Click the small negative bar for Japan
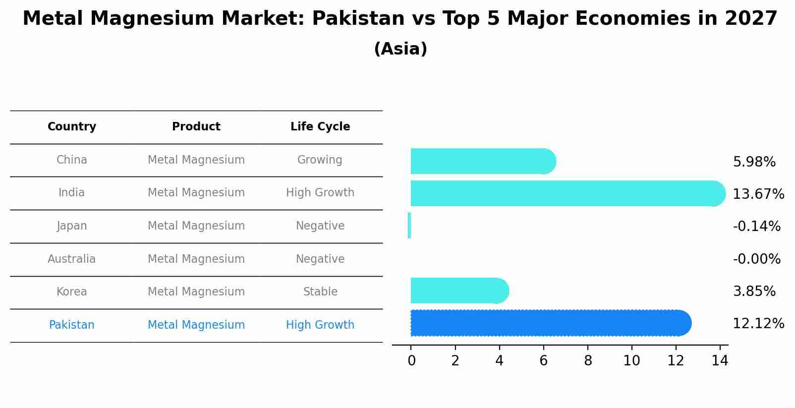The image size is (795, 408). click(x=409, y=226)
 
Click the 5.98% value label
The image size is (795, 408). click(x=754, y=162)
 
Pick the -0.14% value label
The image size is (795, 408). click(x=756, y=227)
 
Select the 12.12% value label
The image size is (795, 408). click(x=758, y=324)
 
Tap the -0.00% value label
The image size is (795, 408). click(x=756, y=259)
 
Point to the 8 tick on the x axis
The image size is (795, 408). click(x=588, y=361)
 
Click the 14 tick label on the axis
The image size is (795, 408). click(x=720, y=361)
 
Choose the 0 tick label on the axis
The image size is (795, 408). click(x=411, y=361)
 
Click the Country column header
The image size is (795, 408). click(x=72, y=127)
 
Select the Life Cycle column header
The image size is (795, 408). click(x=320, y=127)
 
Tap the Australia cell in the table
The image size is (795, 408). click(x=72, y=259)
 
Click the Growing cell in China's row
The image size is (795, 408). click(x=320, y=160)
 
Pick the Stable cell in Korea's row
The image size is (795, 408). click(x=320, y=292)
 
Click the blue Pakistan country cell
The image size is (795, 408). click(x=72, y=325)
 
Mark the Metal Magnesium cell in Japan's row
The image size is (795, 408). click(x=196, y=226)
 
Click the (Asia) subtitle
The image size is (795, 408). click(x=400, y=49)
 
